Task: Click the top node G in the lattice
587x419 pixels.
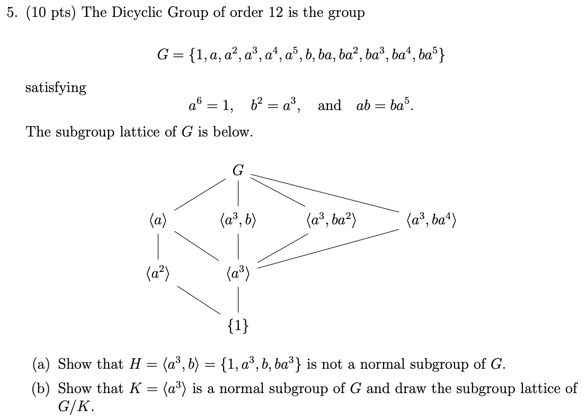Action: (x=238, y=170)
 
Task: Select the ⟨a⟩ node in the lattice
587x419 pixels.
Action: (x=158, y=218)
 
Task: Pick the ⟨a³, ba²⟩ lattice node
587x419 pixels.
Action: (x=331, y=218)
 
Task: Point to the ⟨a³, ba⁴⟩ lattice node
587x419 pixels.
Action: (x=430, y=218)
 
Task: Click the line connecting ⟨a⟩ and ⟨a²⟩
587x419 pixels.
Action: (x=158, y=247)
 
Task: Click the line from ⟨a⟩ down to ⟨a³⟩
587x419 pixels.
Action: (x=197, y=246)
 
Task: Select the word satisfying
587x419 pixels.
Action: (x=56, y=88)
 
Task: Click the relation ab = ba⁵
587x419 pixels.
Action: (x=386, y=105)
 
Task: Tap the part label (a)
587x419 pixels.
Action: (x=42, y=365)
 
